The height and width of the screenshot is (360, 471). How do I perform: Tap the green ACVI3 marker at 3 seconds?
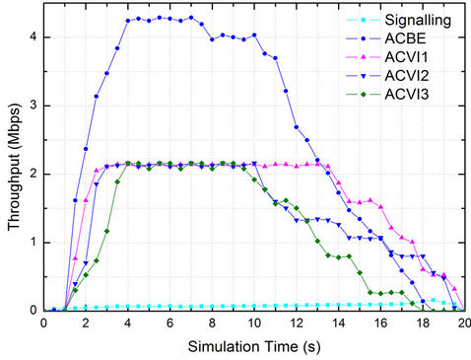coord(106,231)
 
